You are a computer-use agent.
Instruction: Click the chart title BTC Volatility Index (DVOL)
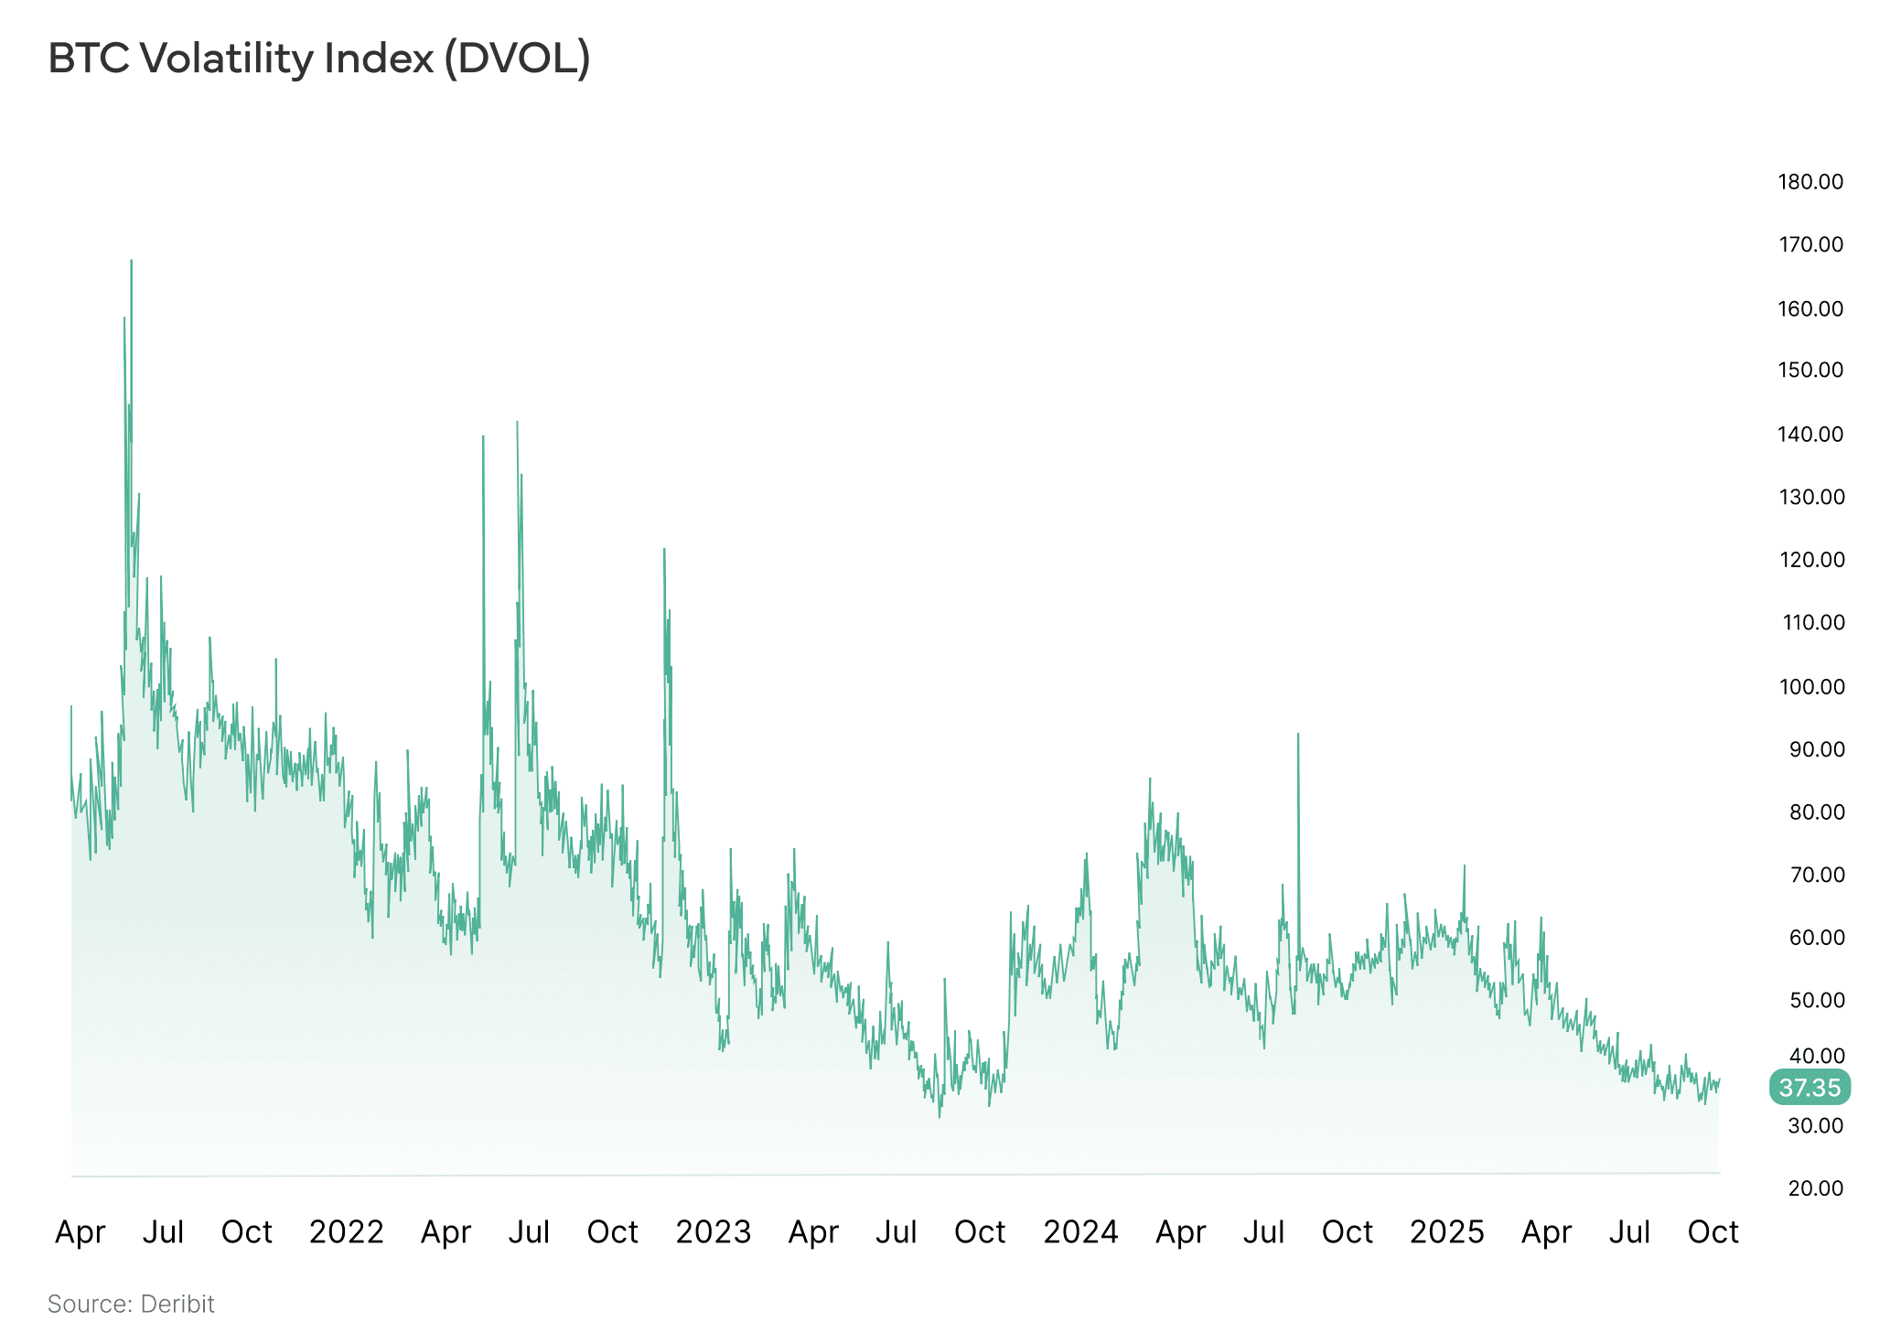pyautogui.click(x=318, y=59)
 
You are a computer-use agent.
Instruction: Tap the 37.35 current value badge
pyautogui.click(x=1809, y=1088)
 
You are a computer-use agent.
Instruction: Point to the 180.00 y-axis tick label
pyautogui.click(x=1810, y=181)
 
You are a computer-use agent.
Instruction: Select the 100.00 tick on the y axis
pyautogui.click(x=1810, y=686)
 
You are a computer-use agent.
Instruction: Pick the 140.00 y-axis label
pyautogui.click(x=1810, y=434)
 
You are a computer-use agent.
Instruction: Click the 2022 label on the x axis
pyautogui.click(x=346, y=1232)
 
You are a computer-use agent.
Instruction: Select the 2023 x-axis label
pyautogui.click(x=713, y=1232)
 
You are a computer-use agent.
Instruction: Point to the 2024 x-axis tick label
pyautogui.click(x=1080, y=1232)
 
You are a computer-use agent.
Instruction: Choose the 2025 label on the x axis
pyautogui.click(x=1446, y=1232)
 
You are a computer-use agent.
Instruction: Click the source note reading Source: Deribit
pyautogui.click(x=131, y=1304)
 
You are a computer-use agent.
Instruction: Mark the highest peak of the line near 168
pyautogui.click(x=131, y=262)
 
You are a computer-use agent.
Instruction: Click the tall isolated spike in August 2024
pyautogui.click(x=1297, y=735)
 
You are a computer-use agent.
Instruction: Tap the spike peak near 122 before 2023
pyautogui.click(x=664, y=550)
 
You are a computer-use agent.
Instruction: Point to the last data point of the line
pyautogui.click(x=1719, y=1080)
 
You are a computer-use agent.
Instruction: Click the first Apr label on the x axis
pyautogui.click(x=81, y=1232)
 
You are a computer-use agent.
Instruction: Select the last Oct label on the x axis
pyautogui.click(x=1713, y=1232)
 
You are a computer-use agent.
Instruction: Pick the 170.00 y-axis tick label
pyautogui.click(x=1810, y=244)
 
